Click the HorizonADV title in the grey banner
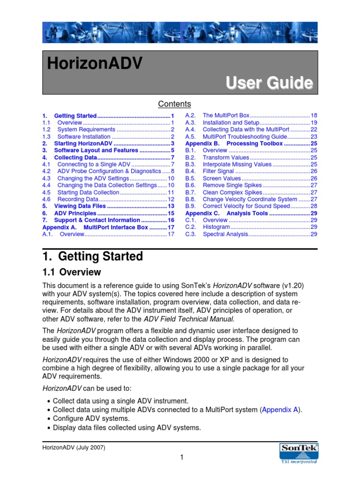click(x=94, y=64)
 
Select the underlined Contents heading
click(x=174, y=104)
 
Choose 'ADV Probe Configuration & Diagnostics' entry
click(x=109, y=172)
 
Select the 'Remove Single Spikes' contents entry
click(x=229, y=185)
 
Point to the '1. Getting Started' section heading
click(x=92, y=256)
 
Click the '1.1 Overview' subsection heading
click(x=71, y=272)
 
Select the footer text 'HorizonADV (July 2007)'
click(x=74, y=447)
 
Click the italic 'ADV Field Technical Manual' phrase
click(x=188, y=319)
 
